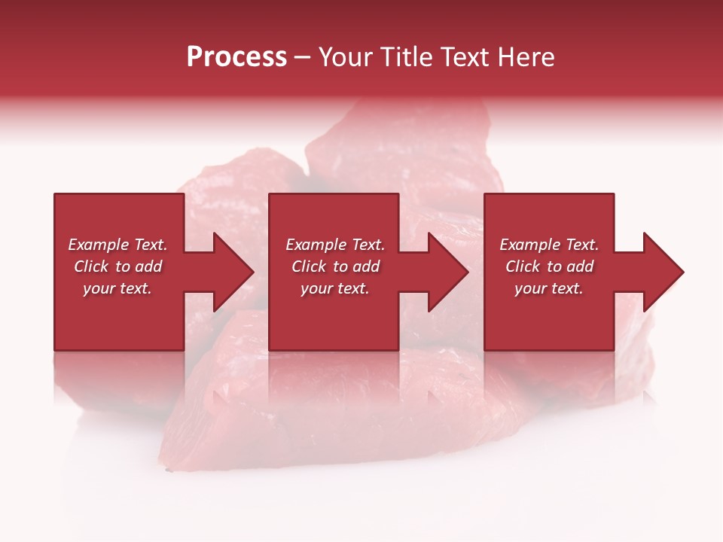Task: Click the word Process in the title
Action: click(236, 57)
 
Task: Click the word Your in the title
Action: click(346, 57)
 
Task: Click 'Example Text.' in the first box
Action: click(117, 245)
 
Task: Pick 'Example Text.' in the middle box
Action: click(335, 245)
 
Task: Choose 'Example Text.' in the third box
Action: click(549, 245)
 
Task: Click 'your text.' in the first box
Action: click(117, 288)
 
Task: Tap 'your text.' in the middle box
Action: click(335, 288)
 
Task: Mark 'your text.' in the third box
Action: click(549, 288)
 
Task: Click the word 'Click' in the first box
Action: click(91, 266)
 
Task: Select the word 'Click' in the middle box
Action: click(309, 266)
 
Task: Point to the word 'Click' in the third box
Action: click(523, 266)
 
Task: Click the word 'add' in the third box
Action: click(580, 266)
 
